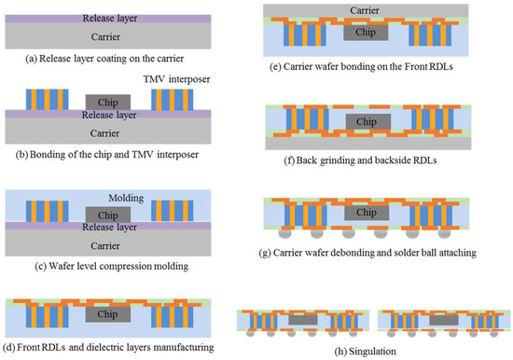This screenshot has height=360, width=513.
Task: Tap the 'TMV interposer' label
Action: (x=198, y=82)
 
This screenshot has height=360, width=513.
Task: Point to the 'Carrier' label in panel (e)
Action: (x=382, y=10)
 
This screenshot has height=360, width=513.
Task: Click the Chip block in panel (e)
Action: (x=367, y=33)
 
